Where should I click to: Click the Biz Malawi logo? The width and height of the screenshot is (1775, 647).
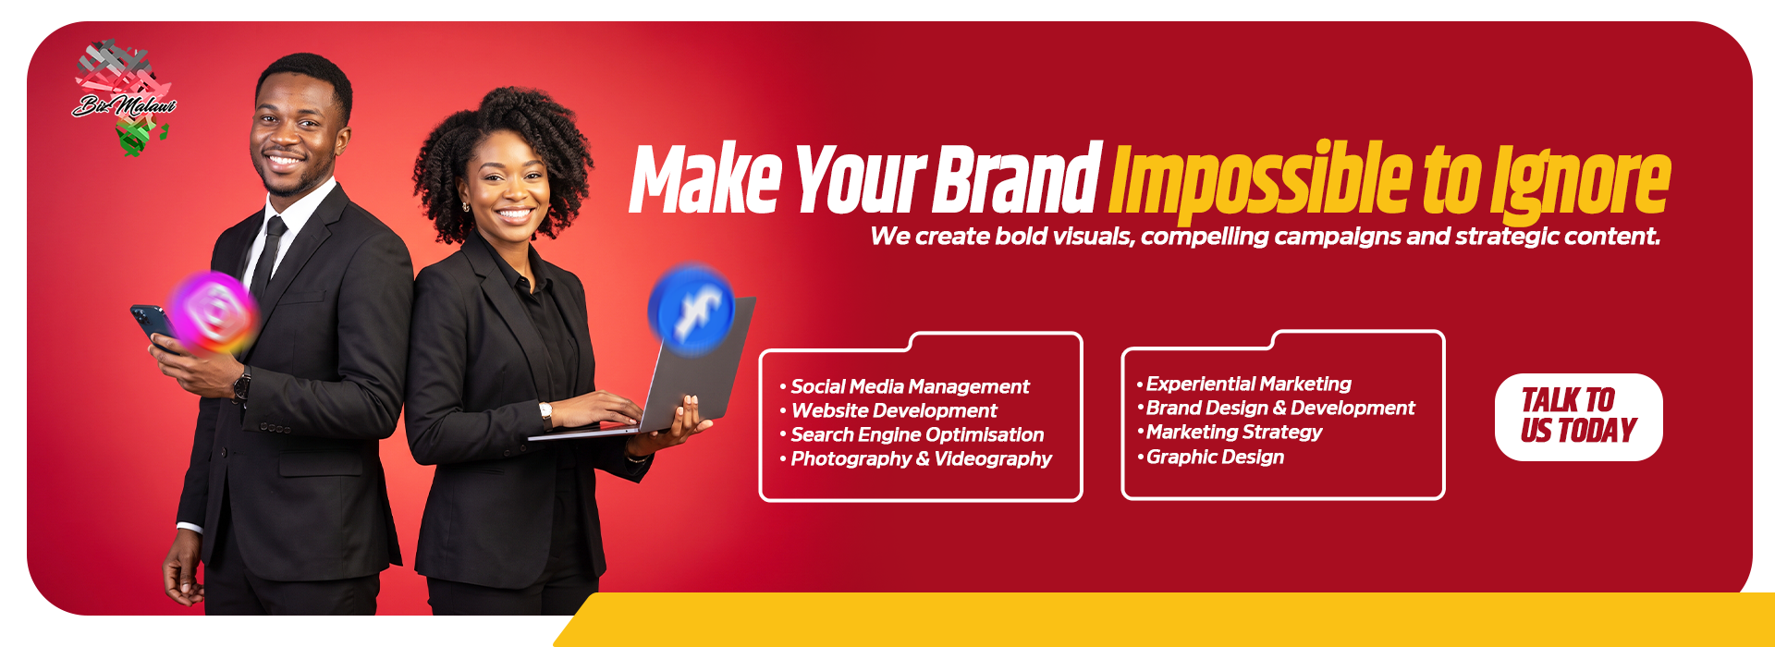coord(124,98)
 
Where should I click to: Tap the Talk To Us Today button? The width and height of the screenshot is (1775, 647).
coord(1578,417)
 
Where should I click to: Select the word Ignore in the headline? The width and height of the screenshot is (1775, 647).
coord(1580,183)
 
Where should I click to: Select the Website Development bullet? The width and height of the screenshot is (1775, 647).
coord(888,410)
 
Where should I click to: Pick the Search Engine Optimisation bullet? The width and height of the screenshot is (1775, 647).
coord(912,434)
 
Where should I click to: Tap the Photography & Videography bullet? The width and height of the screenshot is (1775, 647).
coord(915,458)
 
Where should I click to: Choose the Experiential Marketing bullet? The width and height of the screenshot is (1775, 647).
coord(1243,384)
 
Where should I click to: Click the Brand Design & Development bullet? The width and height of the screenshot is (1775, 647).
coord(1276,408)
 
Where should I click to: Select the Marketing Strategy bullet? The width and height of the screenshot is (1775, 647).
coord(1230,432)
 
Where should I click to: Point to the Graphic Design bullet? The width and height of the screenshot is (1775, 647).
coord(1210,457)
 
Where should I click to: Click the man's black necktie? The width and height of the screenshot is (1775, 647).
coord(268,256)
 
